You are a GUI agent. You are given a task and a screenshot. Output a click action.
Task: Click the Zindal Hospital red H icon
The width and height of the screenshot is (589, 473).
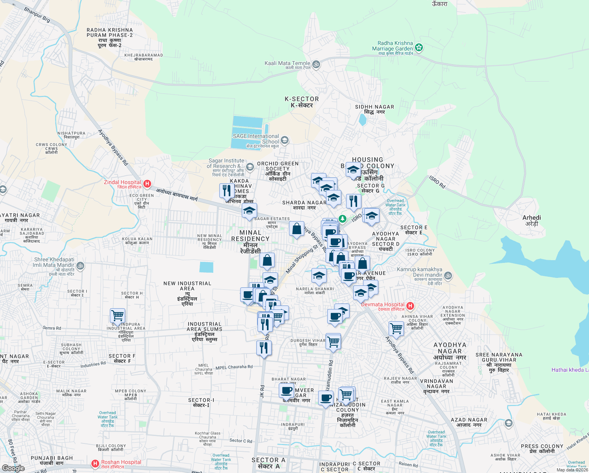point(147,184)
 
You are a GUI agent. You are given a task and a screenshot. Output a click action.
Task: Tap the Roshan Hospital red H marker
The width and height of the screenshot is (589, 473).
point(95,464)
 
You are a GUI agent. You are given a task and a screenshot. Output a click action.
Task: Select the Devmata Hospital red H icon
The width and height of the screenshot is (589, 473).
point(410,305)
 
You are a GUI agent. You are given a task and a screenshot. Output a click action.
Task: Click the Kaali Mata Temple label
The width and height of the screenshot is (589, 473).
point(287,63)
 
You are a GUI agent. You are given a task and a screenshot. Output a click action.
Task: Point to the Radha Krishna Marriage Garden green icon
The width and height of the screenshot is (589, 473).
point(419,48)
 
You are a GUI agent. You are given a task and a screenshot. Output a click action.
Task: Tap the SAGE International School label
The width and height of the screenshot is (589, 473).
point(256,139)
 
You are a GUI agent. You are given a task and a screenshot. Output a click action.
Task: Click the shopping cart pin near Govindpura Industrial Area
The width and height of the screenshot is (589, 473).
point(117,316)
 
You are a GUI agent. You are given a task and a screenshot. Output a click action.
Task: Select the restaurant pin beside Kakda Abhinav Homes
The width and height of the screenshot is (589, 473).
point(227,191)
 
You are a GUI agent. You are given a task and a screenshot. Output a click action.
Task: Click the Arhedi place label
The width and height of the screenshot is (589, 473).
point(532,218)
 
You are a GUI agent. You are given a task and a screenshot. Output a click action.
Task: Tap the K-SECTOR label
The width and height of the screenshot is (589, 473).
point(302,99)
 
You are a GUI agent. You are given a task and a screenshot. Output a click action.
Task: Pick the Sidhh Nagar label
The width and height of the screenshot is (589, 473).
point(374,107)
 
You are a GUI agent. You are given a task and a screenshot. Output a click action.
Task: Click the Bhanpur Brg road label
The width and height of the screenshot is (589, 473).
point(37,15)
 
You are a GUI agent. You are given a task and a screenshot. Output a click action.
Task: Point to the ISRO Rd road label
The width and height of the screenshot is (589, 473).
point(437,182)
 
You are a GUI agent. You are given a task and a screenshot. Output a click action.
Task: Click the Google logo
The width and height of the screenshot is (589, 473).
point(13,468)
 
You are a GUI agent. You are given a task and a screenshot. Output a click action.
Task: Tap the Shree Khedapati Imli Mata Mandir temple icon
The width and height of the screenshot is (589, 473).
point(80,266)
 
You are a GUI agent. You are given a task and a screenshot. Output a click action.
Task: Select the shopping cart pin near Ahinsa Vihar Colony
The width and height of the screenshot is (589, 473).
point(396,328)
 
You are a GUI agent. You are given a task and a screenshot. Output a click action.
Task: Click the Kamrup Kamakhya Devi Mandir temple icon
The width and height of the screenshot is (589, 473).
point(448,276)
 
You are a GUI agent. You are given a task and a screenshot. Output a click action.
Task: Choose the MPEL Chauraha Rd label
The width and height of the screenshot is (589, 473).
point(234,367)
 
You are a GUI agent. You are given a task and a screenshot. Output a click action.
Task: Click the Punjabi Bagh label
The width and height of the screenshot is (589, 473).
point(52,458)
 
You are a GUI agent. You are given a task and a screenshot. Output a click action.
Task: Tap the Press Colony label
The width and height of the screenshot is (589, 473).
point(542,446)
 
